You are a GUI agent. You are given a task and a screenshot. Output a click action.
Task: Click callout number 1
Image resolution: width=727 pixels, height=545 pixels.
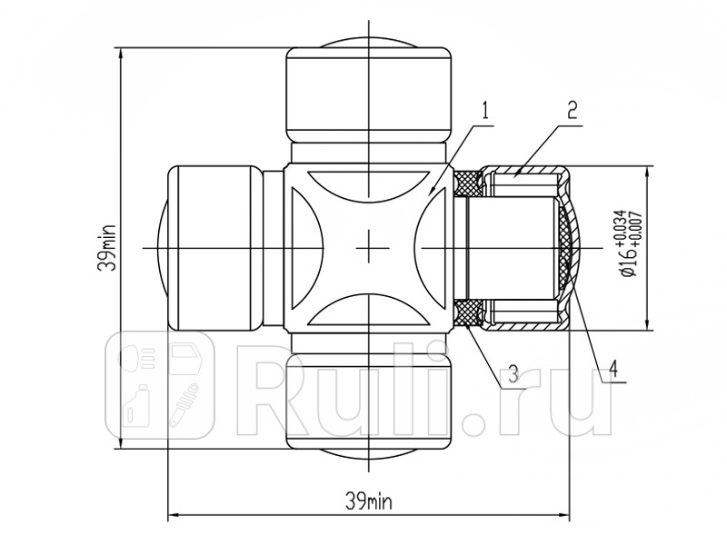485,111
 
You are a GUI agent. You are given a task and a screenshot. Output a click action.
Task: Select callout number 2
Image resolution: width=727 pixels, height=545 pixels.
573,110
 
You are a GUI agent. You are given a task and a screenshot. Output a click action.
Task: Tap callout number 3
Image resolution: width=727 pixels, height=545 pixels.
513,374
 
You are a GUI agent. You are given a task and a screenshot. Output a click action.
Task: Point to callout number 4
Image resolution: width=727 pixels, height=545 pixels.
612,369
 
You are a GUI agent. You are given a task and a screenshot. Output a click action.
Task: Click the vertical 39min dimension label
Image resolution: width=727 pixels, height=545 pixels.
106,247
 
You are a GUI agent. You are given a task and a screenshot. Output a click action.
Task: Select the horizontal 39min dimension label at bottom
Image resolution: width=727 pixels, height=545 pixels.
369,501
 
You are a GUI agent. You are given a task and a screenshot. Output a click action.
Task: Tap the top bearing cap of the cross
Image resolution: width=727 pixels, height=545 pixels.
369,95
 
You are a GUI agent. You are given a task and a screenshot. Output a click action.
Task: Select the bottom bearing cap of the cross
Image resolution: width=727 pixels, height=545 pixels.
369,401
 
